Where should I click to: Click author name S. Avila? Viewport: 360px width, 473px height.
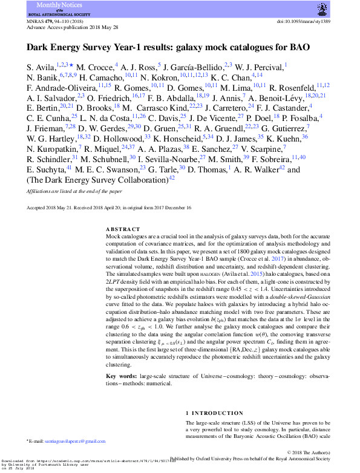[41, 65]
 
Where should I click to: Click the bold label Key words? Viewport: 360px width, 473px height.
[121, 376]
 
